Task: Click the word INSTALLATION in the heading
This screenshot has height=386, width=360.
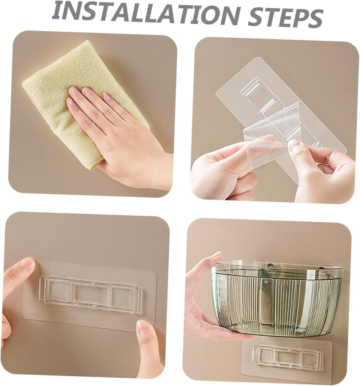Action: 146,14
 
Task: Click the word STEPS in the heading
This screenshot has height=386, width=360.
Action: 285,17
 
